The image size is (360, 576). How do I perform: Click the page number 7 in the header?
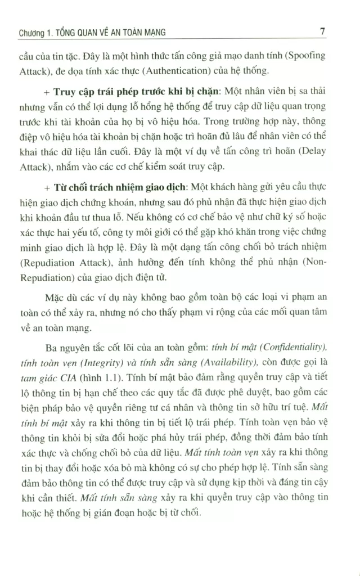pos(323,32)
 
